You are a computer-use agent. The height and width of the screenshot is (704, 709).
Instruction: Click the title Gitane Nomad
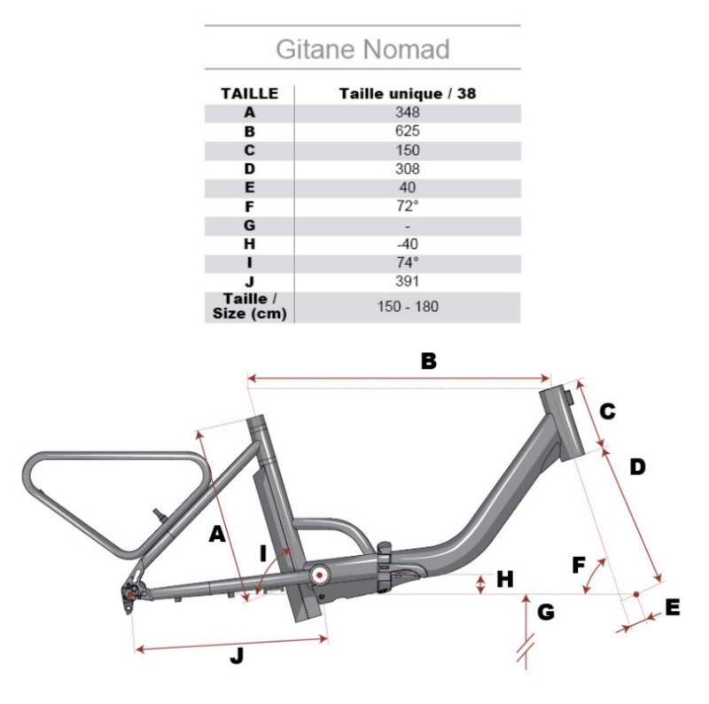coord(362,49)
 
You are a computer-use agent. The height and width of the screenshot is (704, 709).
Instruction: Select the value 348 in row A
coord(408,113)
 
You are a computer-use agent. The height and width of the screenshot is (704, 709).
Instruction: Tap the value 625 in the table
coord(408,130)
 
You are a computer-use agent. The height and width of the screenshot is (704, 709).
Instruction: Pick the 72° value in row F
coord(408,207)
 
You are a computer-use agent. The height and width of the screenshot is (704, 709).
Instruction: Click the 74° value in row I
coord(408,262)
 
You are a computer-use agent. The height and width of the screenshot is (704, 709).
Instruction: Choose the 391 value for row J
coord(408,281)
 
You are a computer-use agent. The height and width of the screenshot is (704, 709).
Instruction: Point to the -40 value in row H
coord(408,244)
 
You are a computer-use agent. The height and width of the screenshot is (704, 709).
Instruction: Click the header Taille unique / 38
coord(408,94)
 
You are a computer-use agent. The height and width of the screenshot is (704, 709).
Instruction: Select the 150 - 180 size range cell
coord(408,307)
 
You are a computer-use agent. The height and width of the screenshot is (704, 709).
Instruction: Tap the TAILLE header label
coord(250,94)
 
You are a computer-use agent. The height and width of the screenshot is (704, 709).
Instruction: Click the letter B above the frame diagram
coord(429,361)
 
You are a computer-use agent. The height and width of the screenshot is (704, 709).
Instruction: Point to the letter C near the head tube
coord(608,411)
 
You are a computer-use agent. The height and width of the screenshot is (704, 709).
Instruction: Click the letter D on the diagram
coord(637,467)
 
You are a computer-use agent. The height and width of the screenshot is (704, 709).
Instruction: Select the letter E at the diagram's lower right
coord(673,607)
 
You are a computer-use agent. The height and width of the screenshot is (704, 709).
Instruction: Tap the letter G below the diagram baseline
coord(546,612)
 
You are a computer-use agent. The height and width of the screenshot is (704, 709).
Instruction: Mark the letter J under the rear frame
coord(237,655)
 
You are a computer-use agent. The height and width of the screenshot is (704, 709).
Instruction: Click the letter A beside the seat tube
coord(217,534)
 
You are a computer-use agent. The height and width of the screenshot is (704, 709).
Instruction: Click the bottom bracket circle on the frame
coord(320,575)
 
